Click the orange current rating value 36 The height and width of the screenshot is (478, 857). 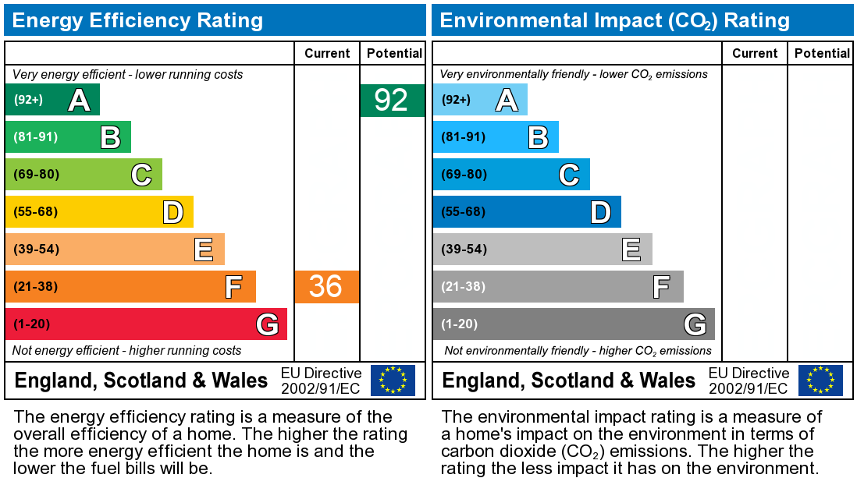[x=326, y=286]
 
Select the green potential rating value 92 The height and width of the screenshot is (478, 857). [x=392, y=100]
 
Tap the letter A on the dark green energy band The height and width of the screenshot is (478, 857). [x=79, y=100]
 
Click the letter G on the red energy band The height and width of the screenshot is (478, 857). [x=267, y=324]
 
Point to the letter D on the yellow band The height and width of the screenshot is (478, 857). [x=172, y=211]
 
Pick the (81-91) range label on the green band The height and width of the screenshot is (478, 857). [x=36, y=136]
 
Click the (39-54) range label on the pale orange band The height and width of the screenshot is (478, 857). [x=36, y=249]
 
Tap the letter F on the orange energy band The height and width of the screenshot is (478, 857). [x=233, y=287]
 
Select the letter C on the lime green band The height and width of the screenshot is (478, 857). [x=141, y=175]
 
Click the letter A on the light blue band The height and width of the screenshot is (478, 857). [x=507, y=100]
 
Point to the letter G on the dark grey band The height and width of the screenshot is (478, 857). [x=695, y=324]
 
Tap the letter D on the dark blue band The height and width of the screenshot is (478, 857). [x=600, y=211]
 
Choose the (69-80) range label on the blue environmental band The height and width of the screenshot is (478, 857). [x=464, y=174]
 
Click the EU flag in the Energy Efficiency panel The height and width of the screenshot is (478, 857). [x=393, y=380]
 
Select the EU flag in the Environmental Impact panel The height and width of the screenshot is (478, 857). [x=820, y=380]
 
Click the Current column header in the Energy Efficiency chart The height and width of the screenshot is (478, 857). [x=327, y=53]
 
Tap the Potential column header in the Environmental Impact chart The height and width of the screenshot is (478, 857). [x=821, y=53]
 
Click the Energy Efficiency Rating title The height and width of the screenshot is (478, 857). [x=137, y=19]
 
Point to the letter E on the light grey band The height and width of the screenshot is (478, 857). [x=631, y=250]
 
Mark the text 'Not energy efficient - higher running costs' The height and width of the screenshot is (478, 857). [x=127, y=351]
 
